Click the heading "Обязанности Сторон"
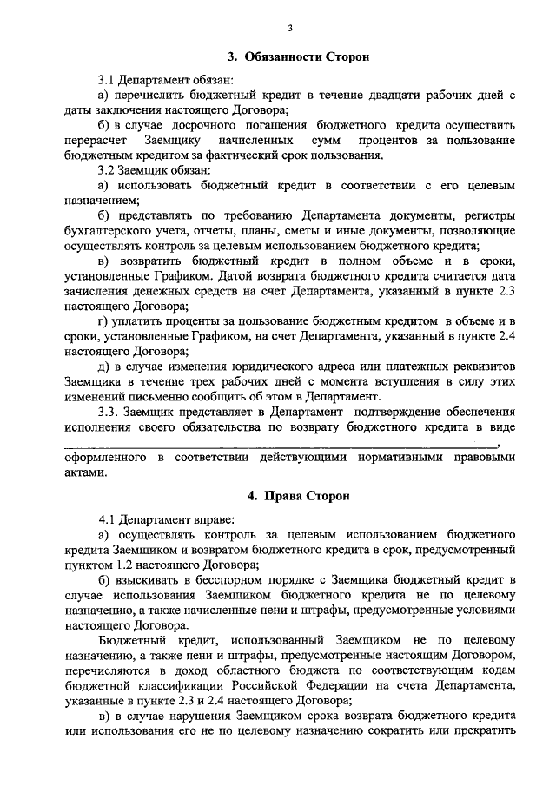(x=308, y=57)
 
